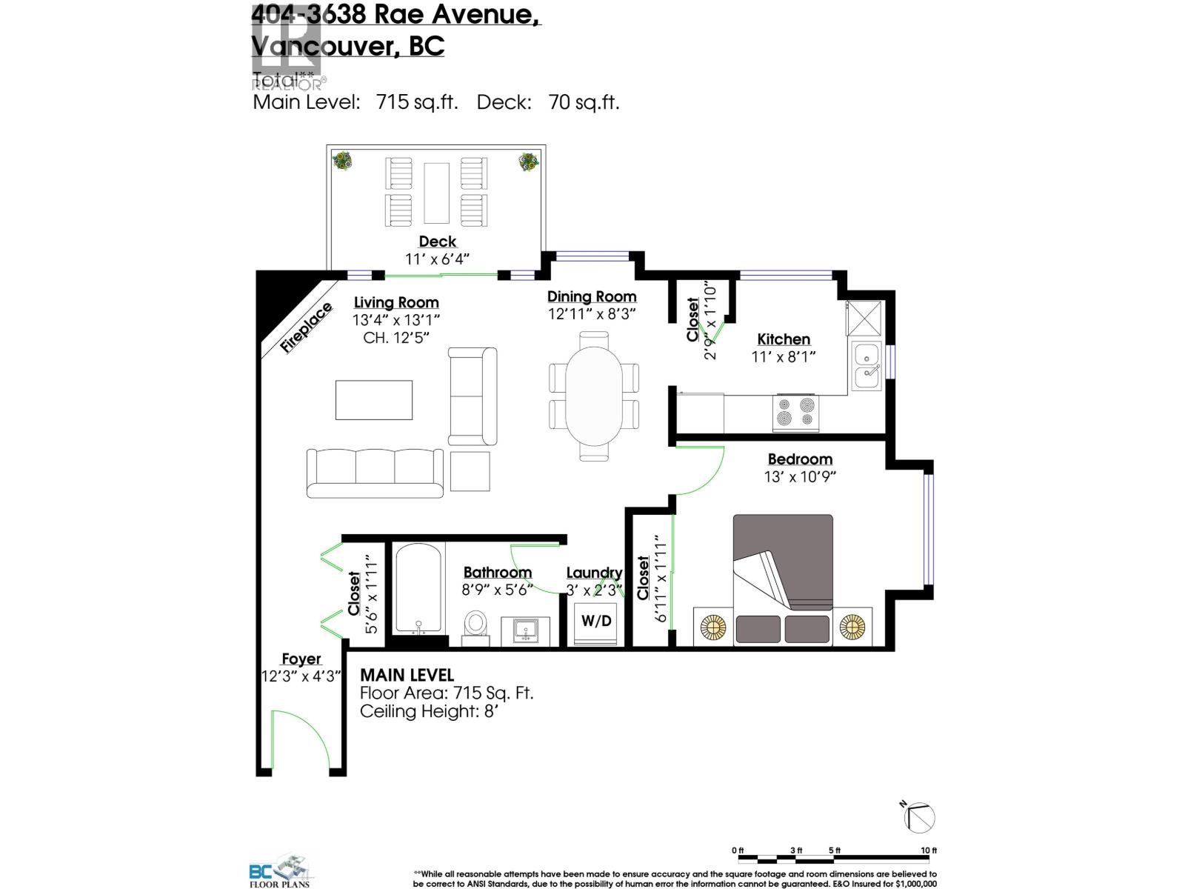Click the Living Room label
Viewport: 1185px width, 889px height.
pyautogui.click(x=396, y=302)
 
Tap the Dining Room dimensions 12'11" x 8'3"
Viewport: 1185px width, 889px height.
pyautogui.click(x=592, y=314)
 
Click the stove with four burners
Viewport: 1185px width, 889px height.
pyautogui.click(x=796, y=413)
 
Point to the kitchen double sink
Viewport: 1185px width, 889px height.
pyautogui.click(x=866, y=366)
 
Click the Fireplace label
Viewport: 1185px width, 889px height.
pyautogui.click(x=307, y=328)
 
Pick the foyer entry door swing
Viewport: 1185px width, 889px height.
pyautogui.click(x=300, y=741)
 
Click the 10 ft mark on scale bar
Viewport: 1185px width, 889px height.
pyautogui.click(x=928, y=850)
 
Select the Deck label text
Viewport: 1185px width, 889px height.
pyautogui.click(x=438, y=242)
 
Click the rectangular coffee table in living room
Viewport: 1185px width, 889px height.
pyautogui.click(x=373, y=400)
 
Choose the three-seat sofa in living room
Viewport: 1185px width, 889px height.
pyautogui.click(x=375, y=473)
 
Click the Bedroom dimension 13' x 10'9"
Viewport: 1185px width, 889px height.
pyautogui.click(x=800, y=477)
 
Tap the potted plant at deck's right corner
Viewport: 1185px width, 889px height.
pyautogui.click(x=529, y=162)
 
